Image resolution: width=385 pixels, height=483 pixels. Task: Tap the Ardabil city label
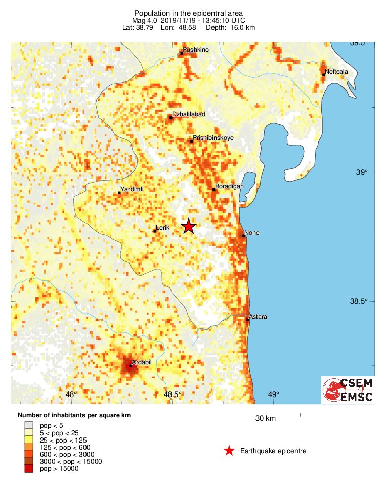point(141,362)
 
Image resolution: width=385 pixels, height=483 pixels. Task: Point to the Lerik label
point(162,228)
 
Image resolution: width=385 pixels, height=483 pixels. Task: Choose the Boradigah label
point(229,186)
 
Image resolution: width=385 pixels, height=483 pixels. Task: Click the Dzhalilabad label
point(189,114)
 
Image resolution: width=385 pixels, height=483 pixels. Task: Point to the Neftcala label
point(336,72)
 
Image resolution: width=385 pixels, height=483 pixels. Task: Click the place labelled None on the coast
point(251,233)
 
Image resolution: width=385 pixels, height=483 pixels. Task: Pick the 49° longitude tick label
point(274,394)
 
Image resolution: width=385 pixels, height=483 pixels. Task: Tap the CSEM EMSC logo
point(349,390)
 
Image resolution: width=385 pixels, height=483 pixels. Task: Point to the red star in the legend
point(229,451)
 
